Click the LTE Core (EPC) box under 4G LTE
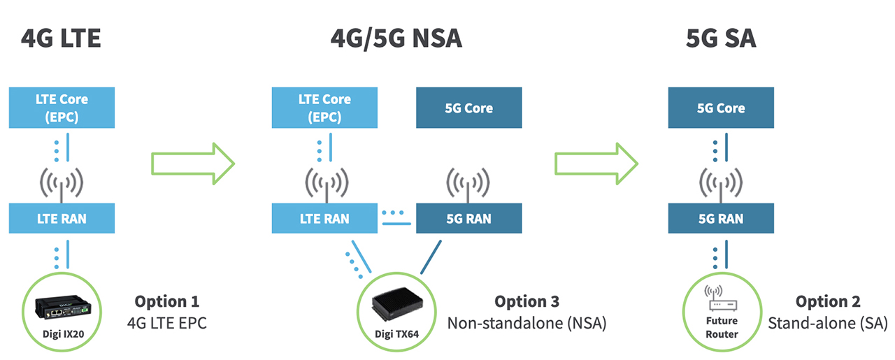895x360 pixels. coord(62,108)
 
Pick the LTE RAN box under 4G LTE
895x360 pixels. coord(62,218)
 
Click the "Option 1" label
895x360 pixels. coord(166,301)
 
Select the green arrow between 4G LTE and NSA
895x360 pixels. coord(193,165)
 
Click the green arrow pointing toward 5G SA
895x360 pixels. coord(596,165)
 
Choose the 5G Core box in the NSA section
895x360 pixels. coord(468,108)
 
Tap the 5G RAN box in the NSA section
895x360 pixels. coord(468,218)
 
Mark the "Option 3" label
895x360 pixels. coord(527,301)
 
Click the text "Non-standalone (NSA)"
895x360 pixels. coord(527,323)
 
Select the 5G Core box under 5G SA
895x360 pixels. coord(721,108)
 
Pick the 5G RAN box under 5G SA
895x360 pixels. coord(721,218)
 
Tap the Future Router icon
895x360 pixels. coord(720,297)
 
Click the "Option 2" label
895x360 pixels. coord(828,301)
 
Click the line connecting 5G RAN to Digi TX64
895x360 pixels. coord(431,257)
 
